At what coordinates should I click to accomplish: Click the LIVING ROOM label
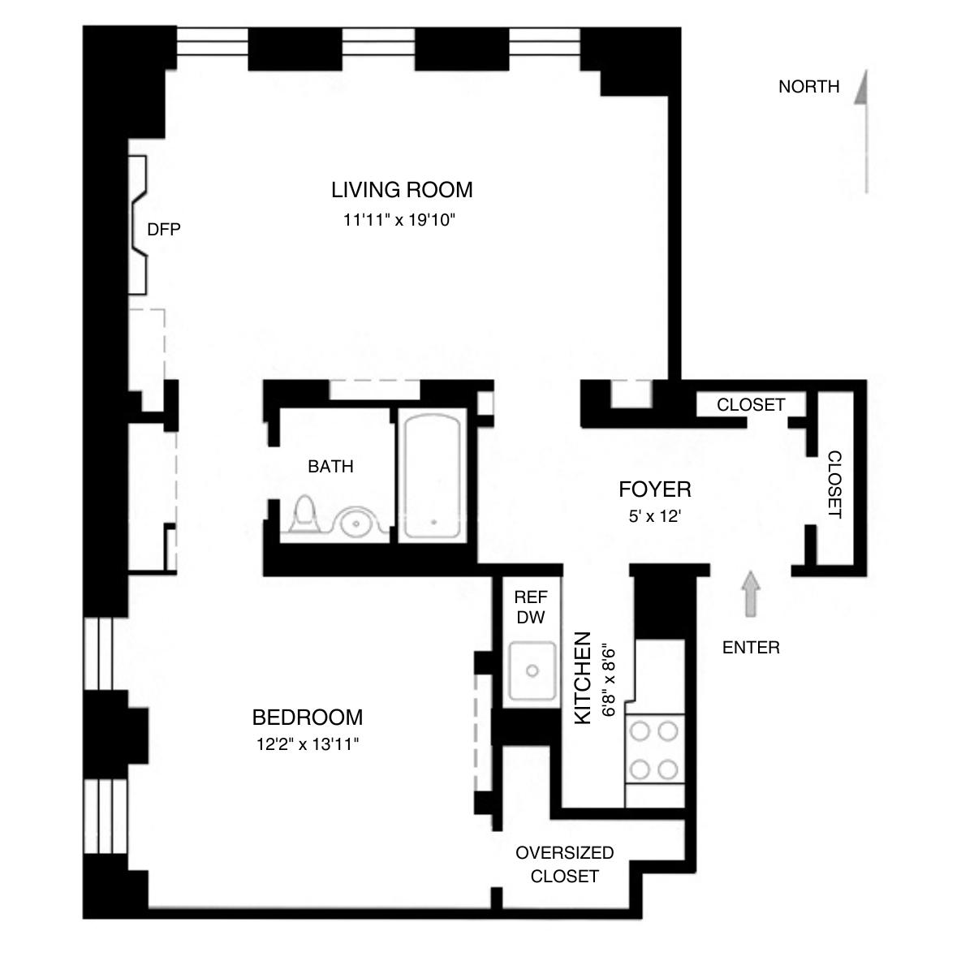coord(402,190)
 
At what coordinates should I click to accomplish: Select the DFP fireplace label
coord(163,230)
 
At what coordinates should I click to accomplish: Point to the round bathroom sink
coord(354,522)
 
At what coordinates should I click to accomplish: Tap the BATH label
coord(330,467)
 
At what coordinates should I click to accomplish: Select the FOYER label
coord(654,489)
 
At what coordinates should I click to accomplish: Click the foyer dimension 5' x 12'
coord(654,516)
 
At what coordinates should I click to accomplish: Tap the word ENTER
coord(751,648)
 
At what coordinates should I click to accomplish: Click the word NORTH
coord(808,87)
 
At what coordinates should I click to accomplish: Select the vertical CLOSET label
coord(835,485)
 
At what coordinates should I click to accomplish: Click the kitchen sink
coord(532,671)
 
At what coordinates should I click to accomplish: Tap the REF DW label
coord(531,607)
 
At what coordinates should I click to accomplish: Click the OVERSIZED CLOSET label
coord(564,864)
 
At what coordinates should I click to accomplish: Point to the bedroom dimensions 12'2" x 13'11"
coord(307,744)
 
